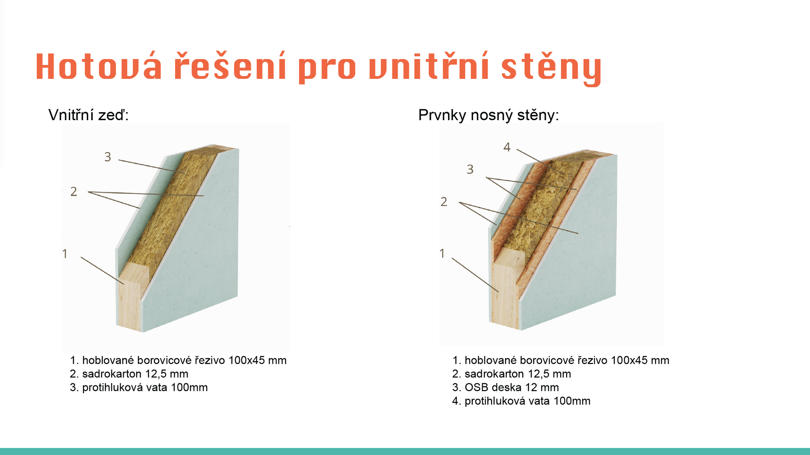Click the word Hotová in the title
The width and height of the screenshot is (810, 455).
pos(99,67)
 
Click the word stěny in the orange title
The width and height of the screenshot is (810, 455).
pos(551,67)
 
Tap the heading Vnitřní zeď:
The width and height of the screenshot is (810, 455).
pos(89,115)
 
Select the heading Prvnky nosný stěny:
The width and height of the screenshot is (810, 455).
pos(489,115)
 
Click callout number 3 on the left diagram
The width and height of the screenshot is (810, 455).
pos(108,157)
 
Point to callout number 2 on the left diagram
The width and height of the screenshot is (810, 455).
pos(74,191)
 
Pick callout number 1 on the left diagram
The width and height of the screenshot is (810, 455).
pos(65,253)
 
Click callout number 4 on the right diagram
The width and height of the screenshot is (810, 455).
pos(507,147)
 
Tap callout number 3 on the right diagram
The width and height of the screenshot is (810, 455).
pos(470,169)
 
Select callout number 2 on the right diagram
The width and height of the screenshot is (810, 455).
pos(444,202)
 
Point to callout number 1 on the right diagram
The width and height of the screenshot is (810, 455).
pos(442,253)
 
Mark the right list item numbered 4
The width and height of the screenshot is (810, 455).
pos(521,401)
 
